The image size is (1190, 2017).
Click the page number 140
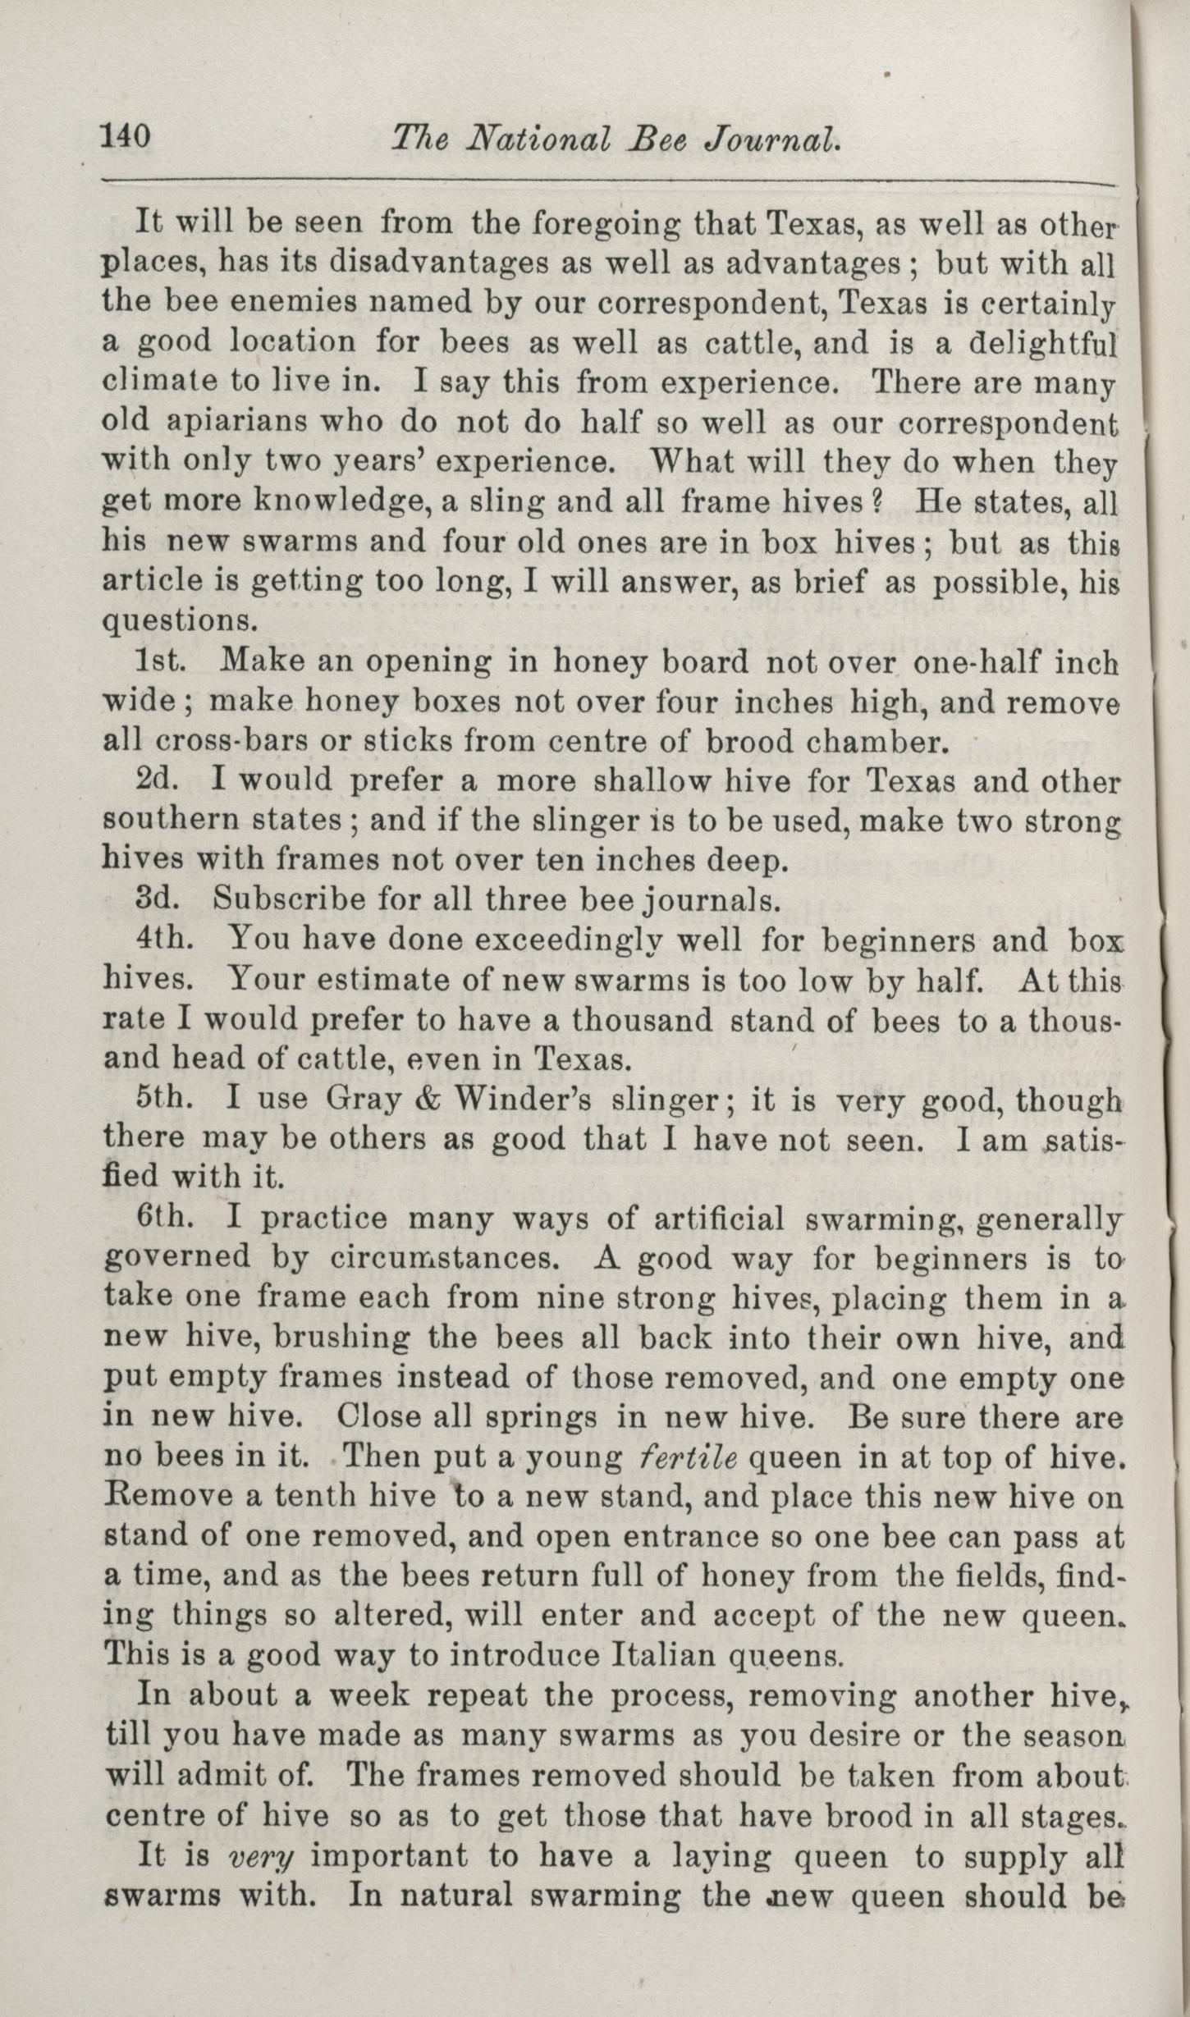coord(126,135)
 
